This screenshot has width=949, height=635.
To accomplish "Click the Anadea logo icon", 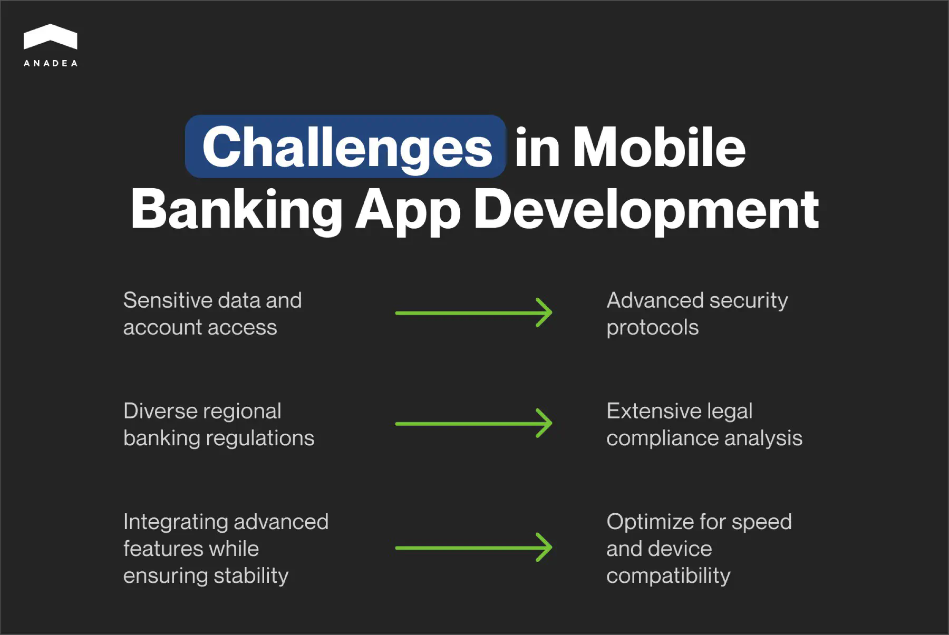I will click(50, 37).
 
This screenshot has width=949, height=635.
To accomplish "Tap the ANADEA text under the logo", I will click(51, 63).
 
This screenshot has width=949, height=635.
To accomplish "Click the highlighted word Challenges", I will click(346, 148).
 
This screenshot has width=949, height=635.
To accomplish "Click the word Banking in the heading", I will click(237, 210).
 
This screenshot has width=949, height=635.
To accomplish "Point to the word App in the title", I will click(408, 210).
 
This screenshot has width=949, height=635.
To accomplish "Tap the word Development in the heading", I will click(646, 210).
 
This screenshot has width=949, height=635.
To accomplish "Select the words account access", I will click(200, 328).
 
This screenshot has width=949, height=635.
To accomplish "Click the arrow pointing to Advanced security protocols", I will click(473, 313).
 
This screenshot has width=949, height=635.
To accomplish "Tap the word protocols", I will click(652, 328).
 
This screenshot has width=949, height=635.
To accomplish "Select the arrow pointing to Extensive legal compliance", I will click(473, 424).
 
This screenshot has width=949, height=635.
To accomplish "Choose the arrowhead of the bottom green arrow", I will click(545, 548).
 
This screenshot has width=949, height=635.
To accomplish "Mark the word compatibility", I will click(668, 576).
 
